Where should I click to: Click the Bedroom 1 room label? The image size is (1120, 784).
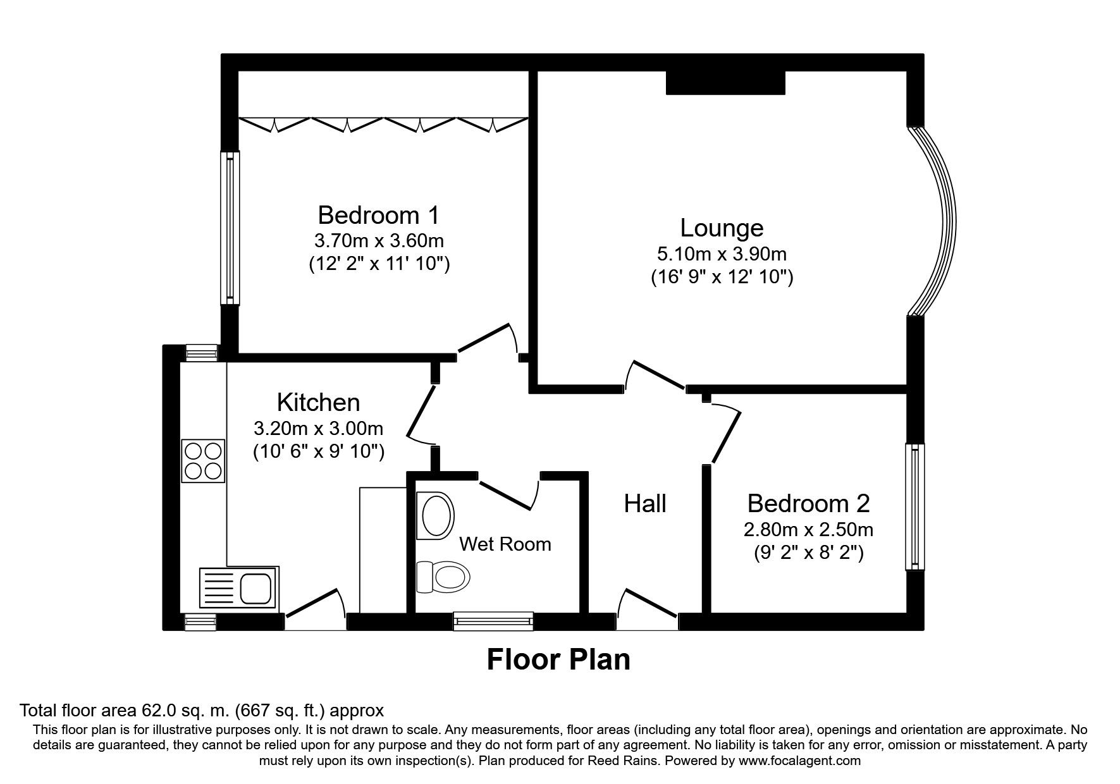[x=378, y=216]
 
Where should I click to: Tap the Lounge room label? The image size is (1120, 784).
[x=722, y=228]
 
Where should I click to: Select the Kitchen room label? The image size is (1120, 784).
[x=318, y=402]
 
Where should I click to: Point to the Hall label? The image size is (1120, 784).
[x=645, y=503]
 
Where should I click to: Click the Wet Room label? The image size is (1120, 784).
[x=505, y=544]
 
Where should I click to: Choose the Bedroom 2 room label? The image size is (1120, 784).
[x=808, y=503]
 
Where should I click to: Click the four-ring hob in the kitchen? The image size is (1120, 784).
[x=203, y=460]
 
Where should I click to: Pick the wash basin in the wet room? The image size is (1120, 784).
[x=436, y=516]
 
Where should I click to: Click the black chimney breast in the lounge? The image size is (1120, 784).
[x=725, y=83]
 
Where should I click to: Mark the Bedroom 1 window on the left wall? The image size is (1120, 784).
[x=230, y=228]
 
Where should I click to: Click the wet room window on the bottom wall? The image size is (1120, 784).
[x=493, y=621]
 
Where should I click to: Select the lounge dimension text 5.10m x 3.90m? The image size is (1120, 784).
[x=722, y=254]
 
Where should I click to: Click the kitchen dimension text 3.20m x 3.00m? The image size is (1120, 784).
[x=318, y=429]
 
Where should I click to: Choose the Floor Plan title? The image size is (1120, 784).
[x=558, y=660]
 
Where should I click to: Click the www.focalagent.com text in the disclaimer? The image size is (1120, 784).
[x=799, y=761]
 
